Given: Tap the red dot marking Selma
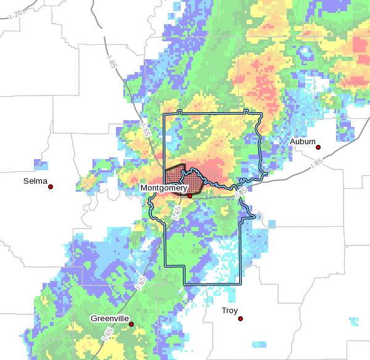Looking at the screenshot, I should pyautogui.click(x=51, y=187).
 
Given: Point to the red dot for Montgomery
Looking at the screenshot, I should pyautogui.click(x=190, y=196).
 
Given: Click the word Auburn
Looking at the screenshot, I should pyautogui.click(x=303, y=142).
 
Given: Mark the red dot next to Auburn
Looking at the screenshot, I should pyautogui.click(x=318, y=147).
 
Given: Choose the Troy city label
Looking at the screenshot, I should pyautogui.click(x=229, y=311).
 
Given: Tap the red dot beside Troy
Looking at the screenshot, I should pyautogui.click(x=240, y=319).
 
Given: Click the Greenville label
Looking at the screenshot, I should pyautogui.click(x=110, y=319).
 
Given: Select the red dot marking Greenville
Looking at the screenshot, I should pyautogui.click(x=131, y=324).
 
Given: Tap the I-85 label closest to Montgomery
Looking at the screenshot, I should pyautogui.click(x=242, y=192).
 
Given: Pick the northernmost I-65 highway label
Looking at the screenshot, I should pyautogui.click(x=111, y=62).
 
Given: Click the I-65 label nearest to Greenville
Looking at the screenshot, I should pyautogui.click(x=142, y=282).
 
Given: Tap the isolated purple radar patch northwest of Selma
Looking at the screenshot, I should pyautogui.click(x=41, y=165).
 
